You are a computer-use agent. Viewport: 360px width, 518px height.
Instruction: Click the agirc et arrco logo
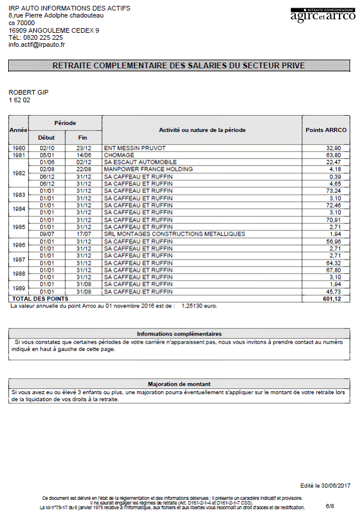coord(323,16)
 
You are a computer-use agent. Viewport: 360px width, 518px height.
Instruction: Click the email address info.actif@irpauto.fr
coord(37,44)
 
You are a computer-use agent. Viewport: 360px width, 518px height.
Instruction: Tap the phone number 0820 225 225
coord(44,37)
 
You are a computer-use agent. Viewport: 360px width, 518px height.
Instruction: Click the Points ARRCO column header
coord(326,130)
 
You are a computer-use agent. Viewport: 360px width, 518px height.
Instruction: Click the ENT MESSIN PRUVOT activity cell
coord(135,149)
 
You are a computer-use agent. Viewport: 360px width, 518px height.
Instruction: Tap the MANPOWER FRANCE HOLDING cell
coord(148,170)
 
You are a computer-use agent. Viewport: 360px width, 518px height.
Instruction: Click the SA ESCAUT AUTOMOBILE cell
coord(140,163)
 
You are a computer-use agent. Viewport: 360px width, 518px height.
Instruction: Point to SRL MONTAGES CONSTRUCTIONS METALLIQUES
coord(175,234)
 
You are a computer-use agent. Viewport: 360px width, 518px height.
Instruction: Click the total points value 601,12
coord(331,299)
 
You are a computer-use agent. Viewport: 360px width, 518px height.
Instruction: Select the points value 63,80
coord(334,156)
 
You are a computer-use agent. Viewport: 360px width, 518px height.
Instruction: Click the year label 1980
coord(19,149)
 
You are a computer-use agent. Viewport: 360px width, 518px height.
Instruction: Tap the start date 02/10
coord(46,149)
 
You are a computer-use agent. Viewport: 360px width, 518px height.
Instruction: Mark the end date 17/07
coord(84,234)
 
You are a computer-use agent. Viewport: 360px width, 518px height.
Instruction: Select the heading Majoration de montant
coord(179,384)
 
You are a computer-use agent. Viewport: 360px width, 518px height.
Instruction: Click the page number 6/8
coord(330,505)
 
